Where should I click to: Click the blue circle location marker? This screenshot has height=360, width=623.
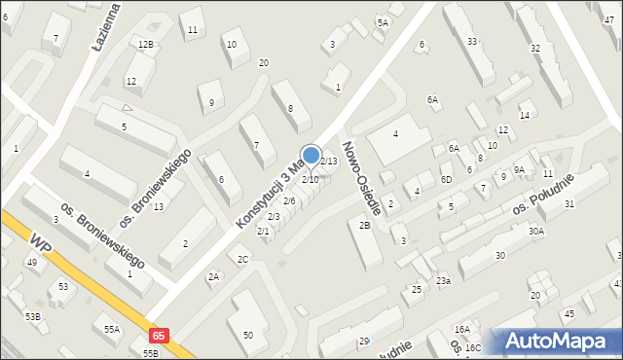click(311, 156)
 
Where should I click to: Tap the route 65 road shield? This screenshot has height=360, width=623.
click(160, 334)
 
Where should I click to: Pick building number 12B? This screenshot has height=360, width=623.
click(145, 45)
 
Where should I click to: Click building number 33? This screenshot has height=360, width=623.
click(472, 42)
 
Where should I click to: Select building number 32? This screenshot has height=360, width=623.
click(534, 48)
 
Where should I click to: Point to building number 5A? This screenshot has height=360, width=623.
click(383, 22)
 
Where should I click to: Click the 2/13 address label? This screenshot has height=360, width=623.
click(329, 162)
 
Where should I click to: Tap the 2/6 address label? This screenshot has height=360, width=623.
click(289, 200)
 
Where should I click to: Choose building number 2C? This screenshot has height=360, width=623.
click(243, 259)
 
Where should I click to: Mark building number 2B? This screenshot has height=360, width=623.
click(364, 226)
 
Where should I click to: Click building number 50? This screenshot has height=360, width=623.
click(248, 336)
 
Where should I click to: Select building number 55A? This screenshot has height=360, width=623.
click(112, 330)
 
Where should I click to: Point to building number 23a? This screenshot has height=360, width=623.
click(443, 281)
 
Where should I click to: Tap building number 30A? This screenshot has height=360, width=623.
click(535, 231)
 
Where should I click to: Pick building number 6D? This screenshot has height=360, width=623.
click(446, 179)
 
